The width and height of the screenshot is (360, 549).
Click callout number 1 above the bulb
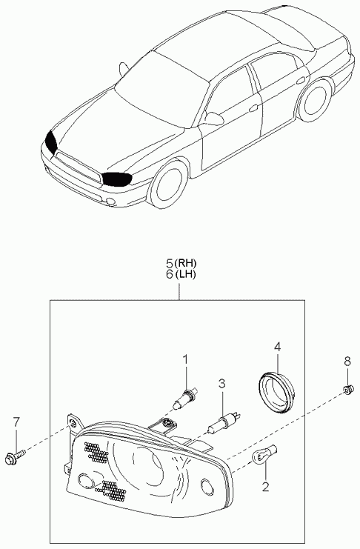coord(186,359)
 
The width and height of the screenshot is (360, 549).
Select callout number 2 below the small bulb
coord(266,486)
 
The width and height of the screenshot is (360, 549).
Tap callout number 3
coord(221,384)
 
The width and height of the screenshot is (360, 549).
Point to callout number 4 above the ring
coord(277,347)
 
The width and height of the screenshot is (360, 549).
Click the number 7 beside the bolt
coord(16,422)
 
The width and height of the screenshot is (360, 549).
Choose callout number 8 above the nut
coord(347,362)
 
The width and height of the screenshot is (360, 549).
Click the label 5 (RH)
coord(181,262)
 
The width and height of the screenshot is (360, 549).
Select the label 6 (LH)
coord(181,274)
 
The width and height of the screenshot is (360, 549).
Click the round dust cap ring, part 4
coord(276,391)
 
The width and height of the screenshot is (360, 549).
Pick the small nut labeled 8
coord(347,389)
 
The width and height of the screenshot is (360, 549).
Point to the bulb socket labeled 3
coord(224,422)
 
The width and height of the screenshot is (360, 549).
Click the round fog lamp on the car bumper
coord(110,202)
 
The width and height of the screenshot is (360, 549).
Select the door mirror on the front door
coord(213,119)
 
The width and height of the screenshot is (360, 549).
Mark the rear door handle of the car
coord(300,81)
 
